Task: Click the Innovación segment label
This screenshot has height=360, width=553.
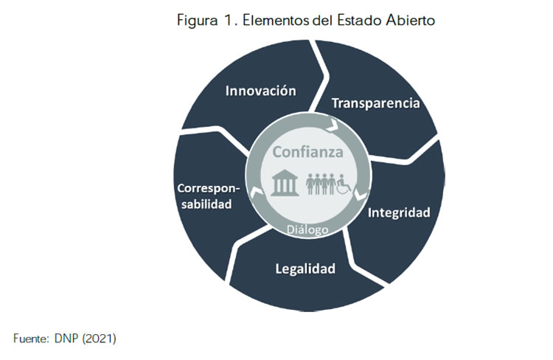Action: pyautogui.click(x=260, y=91)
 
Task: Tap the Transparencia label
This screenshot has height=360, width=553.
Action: pyautogui.click(x=375, y=103)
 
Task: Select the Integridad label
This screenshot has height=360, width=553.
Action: pyautogui.click(x=399, y=212)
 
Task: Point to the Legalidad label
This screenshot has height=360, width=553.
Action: pyautogui.click(x=305, y=269)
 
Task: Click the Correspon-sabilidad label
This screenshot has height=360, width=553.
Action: pyautogui.click(x=208, y=196)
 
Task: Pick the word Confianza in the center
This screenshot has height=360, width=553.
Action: pyautogui.click(x=307, y=152)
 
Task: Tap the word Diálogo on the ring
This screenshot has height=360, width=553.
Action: pyautogui.click(x=307, y=229)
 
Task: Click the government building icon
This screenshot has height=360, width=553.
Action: pyautogui.click(x=285, y=182)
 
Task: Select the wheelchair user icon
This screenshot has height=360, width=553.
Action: pyautogui.click(x=344, y=184)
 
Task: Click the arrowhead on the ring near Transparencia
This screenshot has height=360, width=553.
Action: pyautogui.click(x=332, y=126)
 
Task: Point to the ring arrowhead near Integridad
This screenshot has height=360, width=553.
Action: pyautogui.click(x=360, y=195)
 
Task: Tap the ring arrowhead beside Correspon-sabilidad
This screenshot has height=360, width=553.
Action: pyautogui.click(x=256, y=193)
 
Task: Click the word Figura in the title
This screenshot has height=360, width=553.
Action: pyautogui.click(x=197, y=21)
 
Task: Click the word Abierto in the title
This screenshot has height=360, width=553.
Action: pyautogui.click(x=410, y=20)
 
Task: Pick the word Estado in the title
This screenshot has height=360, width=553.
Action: pyautogui.click(x=359, y=20)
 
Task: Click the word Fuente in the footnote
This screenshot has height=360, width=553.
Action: pyautogui.click(x=31, y=339)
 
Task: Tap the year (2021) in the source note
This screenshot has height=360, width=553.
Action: pyautogui.click(x=99, y=339)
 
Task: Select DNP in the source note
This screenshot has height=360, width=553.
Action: pyautogui.click(x=66, y=339)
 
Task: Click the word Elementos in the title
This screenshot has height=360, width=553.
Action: pyautogui.click(x=276, y=20)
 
